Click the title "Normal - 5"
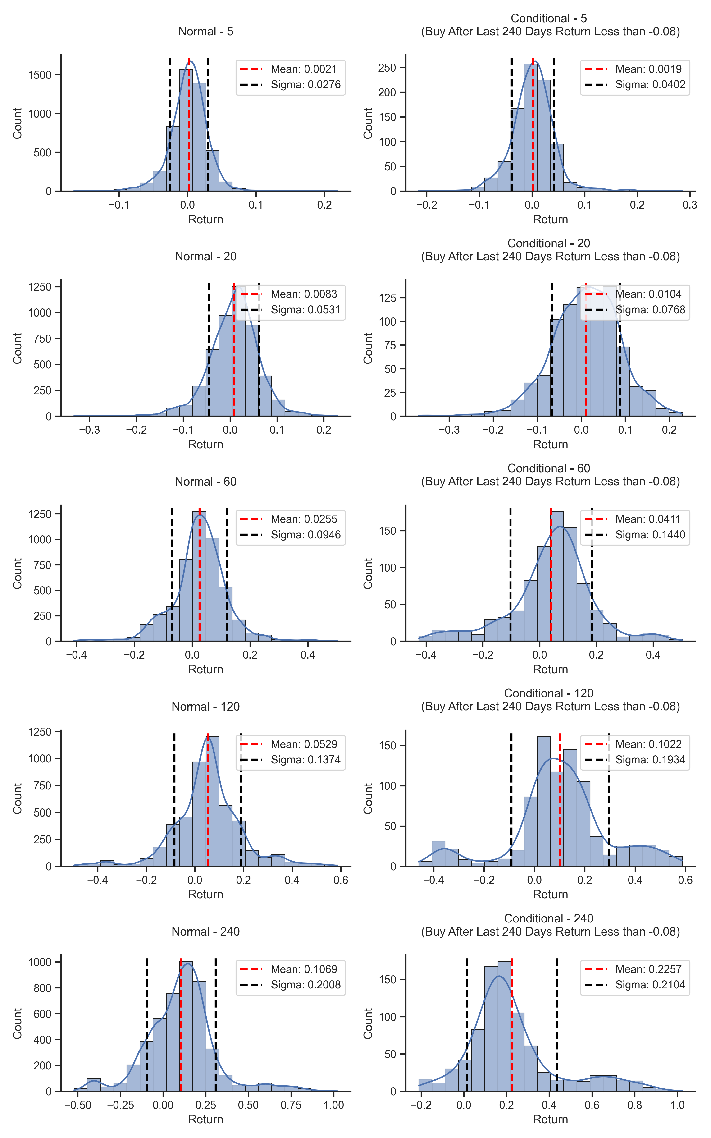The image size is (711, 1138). click(205, 32)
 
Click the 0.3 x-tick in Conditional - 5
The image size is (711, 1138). click(689, 205)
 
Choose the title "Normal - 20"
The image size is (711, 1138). click(205, 256)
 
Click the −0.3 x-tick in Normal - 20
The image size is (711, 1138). click(89, 430)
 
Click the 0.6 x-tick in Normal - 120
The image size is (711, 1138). click(341, 880)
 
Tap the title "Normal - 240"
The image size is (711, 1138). click(205, 932)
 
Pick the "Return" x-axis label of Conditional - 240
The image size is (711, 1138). click(550, 1119)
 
